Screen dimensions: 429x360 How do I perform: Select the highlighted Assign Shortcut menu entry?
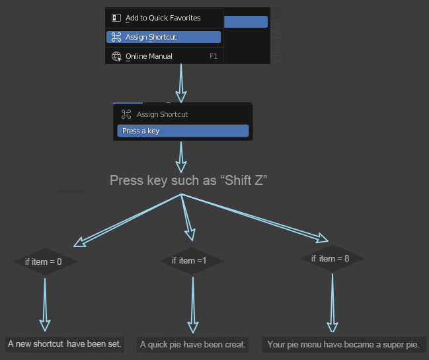point(163,37)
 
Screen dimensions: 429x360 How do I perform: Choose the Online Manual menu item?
point(164,56)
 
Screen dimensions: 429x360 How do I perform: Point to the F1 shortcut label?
point(214,56)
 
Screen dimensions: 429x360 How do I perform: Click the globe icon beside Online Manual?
point(116,56)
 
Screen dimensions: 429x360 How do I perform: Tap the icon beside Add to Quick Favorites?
point(116,18)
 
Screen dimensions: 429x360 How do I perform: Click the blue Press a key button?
point(183,131)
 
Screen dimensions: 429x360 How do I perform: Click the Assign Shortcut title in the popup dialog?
point(162,114)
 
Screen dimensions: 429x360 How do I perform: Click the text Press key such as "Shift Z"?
point(188,180)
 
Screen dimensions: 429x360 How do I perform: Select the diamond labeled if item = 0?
point(46,262)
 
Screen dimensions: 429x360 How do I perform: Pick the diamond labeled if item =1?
point(192,261)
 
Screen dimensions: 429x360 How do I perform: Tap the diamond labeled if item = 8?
point(332,258)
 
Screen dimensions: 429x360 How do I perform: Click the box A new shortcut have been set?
point(65,344)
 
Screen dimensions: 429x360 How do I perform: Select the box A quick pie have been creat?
point(192,344)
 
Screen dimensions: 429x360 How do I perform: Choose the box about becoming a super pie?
point(344,344)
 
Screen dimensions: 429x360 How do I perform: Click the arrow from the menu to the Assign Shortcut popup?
point(181,83)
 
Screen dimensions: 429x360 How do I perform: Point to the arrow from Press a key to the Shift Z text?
point(181,157)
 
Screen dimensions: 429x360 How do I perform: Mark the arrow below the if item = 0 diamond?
point(45,305)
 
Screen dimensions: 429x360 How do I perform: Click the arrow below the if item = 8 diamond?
point(332,303)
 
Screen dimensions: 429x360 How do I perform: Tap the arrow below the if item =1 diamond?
point(193,305)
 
